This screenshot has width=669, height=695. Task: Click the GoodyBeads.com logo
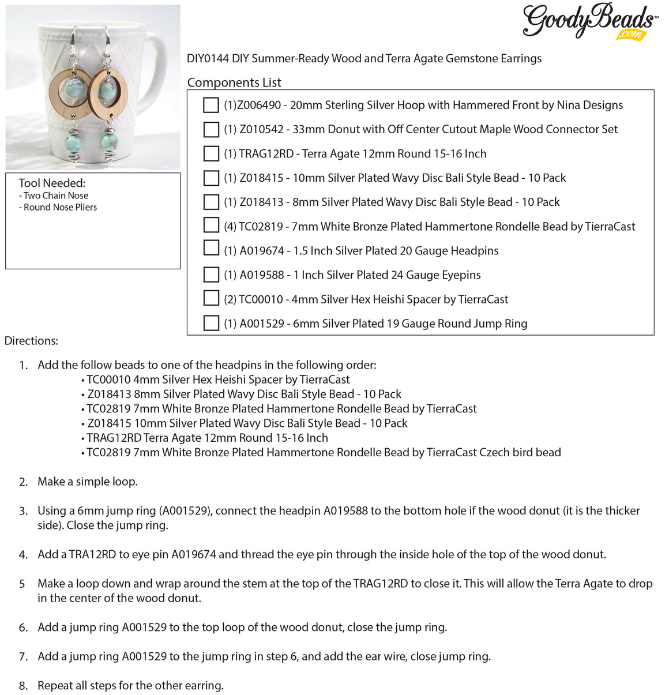(589, 21)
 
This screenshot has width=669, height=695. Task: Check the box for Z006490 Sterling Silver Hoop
(211, 105)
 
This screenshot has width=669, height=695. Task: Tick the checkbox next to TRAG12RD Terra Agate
(211, 153)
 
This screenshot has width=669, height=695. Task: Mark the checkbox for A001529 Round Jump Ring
(211, 323)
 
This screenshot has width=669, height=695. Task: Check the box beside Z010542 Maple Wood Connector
(211, 129)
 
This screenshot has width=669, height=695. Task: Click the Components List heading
(234, 82)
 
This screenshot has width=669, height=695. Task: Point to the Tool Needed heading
(52, 183)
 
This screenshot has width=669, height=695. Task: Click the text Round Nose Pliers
(60, 207)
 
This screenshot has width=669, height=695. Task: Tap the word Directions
(31, 341)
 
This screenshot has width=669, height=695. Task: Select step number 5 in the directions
(22, 584)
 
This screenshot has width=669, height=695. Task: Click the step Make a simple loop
(88, 482)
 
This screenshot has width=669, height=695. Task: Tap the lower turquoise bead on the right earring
(109, 141)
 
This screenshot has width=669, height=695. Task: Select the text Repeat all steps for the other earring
(130, 685)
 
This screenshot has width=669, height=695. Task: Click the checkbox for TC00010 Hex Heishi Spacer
(211, 298)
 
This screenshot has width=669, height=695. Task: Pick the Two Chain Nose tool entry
(56, 196)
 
